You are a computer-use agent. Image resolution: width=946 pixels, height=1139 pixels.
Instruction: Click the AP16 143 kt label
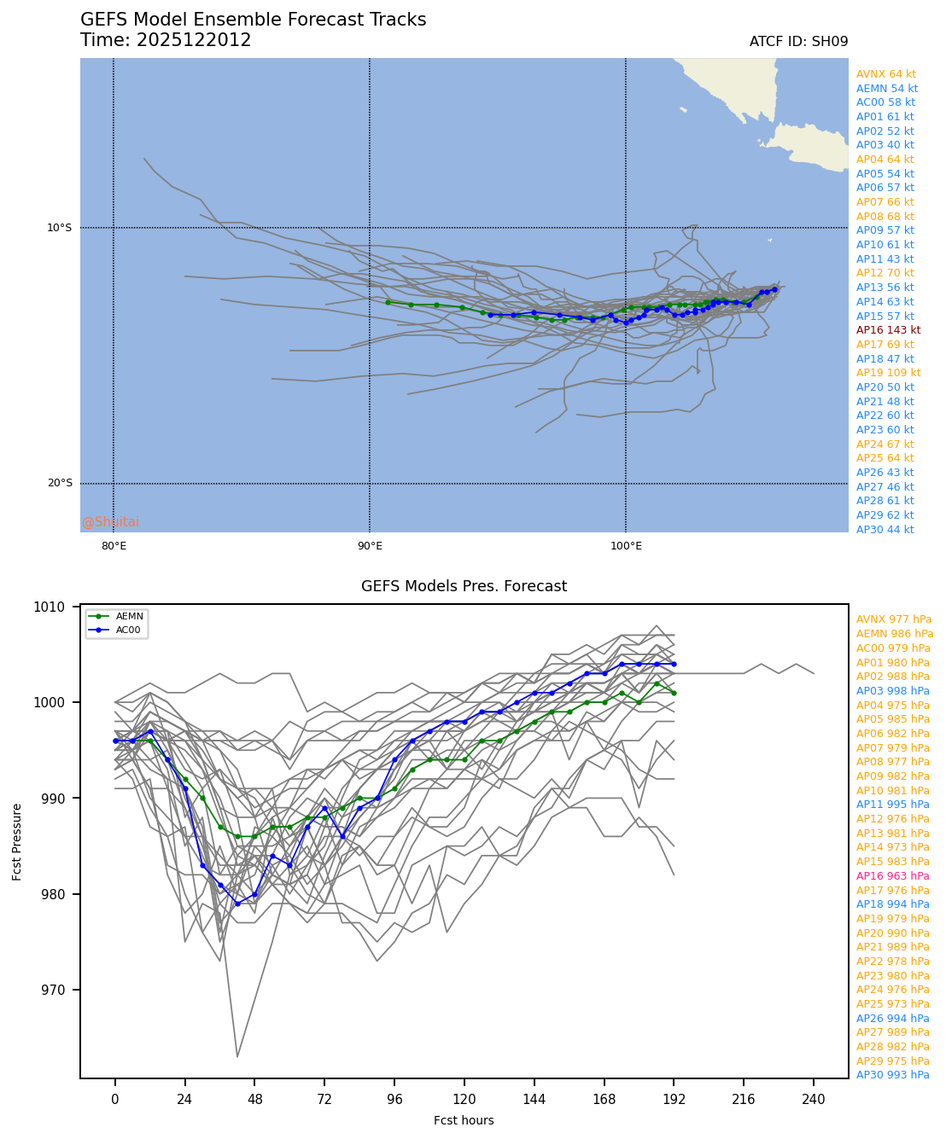pyautogui.click(x=888, y=330)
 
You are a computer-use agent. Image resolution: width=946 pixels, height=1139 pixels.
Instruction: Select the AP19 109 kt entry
pyautogui.click(x=888, y=373)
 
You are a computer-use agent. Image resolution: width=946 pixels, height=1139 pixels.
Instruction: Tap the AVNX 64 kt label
pyautogui.click(x=885, y=74)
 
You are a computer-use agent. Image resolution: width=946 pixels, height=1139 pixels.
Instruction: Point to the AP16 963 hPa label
pyautogui.click(x=892, y=876)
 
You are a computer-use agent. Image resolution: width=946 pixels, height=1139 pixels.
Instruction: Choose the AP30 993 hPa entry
pyautogui.click(x=892, y=1075)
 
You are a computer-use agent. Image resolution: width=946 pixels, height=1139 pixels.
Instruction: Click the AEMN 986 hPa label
pyautogui.click(x=895, y=634)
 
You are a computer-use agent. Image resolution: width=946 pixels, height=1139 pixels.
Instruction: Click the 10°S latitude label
pyautogui.click(x=60, y=228)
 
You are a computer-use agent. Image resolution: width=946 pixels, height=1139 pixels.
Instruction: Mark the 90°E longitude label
pyautogui.click(x=370, y=546)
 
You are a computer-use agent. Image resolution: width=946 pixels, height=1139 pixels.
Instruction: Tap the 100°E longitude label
pyautogui.click(x=626, y=546)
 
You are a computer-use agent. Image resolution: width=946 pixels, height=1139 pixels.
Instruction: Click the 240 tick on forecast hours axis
pyautogui.click(x=814, y=1100)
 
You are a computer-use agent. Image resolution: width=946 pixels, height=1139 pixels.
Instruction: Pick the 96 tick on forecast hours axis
pyautogui.click(x=394, y=1100)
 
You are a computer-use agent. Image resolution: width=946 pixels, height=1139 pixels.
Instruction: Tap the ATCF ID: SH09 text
pyautogui.click(x=798, y=42)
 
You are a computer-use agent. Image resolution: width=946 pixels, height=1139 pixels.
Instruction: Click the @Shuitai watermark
pyautogui.click(x=110, y=522)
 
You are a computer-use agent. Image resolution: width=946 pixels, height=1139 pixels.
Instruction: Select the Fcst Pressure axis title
pyautogui.click(x=18, y=841)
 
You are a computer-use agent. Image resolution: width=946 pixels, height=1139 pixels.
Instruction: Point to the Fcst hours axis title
pyautogui.click(x=464, y=1120)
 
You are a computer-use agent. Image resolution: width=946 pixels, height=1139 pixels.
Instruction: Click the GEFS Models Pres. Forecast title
pyautogui.click(x=464, y=586)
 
